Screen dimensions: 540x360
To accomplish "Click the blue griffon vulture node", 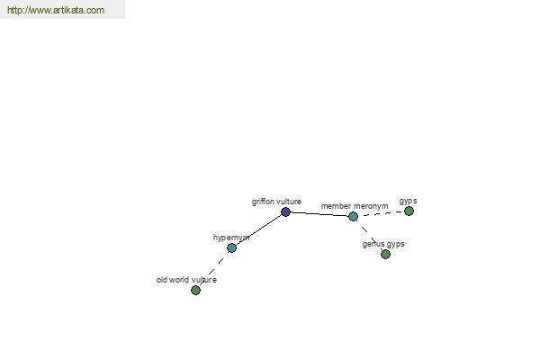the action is tap(285, 211).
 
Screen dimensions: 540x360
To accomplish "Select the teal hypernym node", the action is tap(232, 247).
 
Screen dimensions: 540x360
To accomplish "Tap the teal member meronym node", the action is tap(353, 216).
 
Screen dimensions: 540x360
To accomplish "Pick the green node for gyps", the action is tap(409, 211).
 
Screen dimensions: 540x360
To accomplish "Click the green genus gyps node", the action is tap(385, 254).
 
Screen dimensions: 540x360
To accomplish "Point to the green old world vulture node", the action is tap(195, 290).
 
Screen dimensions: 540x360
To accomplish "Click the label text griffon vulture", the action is tap(276, 202).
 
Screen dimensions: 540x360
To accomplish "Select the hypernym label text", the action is tap(231, 238).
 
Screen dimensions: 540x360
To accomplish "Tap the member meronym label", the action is tap(355, 206).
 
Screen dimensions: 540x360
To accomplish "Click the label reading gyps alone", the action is tap(408, 201).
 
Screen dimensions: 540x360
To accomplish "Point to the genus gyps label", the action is tap(383, 244).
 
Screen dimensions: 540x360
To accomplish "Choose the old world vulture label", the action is tap(186, 280).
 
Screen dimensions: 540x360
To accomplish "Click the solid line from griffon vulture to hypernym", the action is tap(258, 229).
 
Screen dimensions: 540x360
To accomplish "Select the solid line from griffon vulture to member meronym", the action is tap(319, 214).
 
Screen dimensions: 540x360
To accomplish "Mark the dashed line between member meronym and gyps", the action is tap(381, 213).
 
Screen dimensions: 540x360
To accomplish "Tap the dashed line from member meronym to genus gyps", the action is tap(369, 235).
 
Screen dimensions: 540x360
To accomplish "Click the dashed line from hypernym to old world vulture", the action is tap(213, 269).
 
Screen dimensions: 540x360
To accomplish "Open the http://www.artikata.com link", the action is tap(56, 10).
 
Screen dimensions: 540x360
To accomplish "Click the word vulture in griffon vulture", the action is tap(289, 202).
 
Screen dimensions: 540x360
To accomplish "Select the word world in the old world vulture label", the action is tap(178, 280).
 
